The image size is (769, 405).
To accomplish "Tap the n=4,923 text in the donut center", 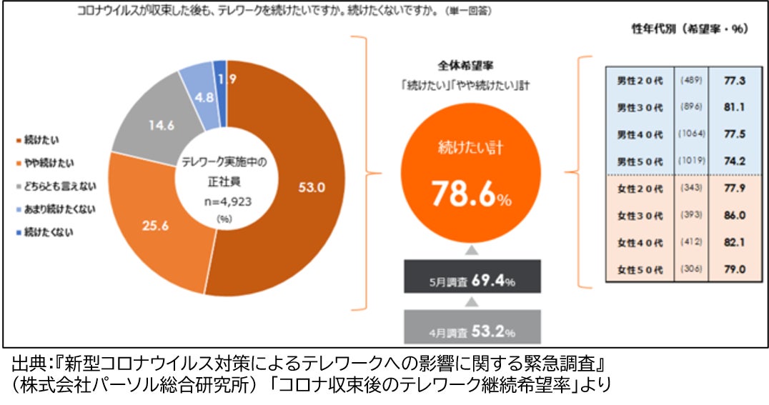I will [225, 202].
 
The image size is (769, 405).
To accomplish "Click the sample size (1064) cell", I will [690, 134].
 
